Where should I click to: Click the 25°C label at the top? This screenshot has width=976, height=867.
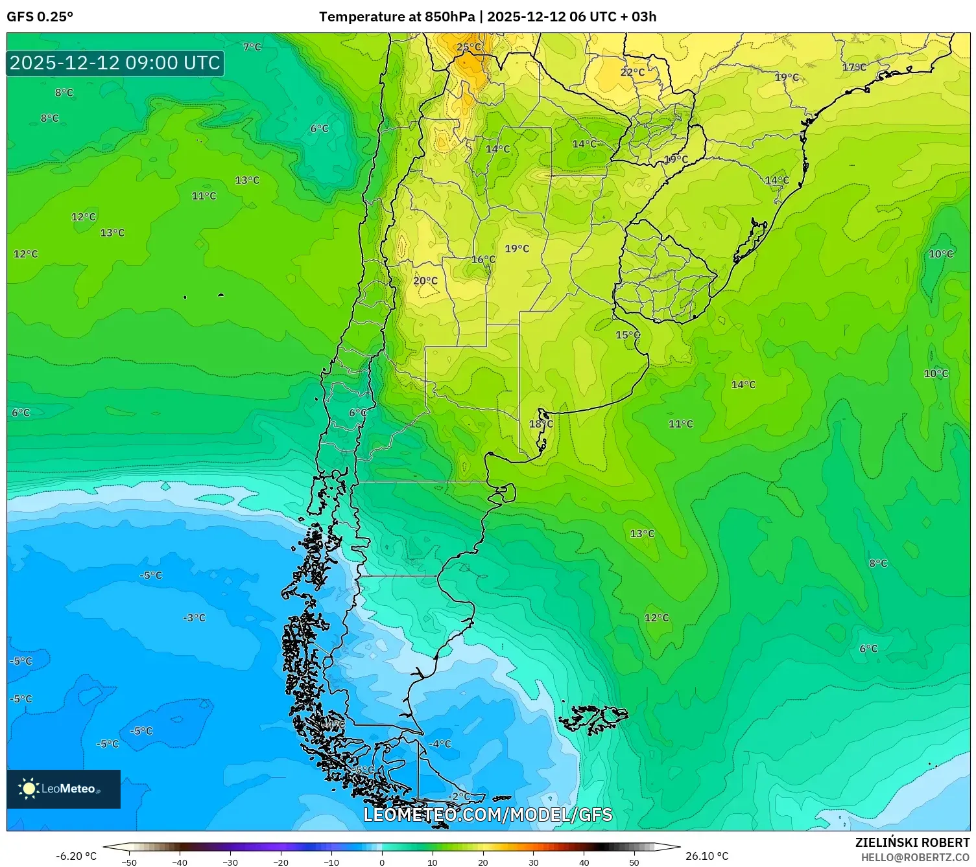[x=469, y=47]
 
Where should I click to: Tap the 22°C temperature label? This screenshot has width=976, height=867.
[x=632, y=72]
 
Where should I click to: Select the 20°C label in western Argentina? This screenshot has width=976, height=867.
[x=425, y=281]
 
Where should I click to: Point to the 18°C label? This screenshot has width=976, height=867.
[x=541, y=424]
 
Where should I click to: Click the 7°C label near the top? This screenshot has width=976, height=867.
[x=252, y=47]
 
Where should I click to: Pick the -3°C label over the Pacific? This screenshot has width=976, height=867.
[x=194, y=618]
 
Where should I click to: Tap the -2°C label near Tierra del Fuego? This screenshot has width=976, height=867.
[x=459, y=796]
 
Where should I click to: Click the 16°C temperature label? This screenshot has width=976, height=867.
[x=483, y=259]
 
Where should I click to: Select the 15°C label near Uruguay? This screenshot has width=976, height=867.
[x=627, y=335]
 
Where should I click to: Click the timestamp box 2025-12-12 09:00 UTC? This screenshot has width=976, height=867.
[x=115, y=63]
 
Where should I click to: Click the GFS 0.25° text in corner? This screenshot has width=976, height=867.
[x=40, y=17]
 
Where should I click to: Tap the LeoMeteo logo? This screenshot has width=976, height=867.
[x=64, y=789]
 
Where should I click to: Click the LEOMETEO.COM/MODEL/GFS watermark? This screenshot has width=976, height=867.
[x=488, y=815]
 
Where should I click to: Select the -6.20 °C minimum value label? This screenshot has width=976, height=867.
[x=76, y=856]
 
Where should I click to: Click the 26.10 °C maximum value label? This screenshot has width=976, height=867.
[x=707, y=856]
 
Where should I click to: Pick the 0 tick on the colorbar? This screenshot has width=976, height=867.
[x=381, y=862]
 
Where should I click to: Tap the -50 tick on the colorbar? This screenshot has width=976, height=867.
[x=129, y=862]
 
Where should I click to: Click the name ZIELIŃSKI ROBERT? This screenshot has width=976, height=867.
[x=912, y=842]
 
